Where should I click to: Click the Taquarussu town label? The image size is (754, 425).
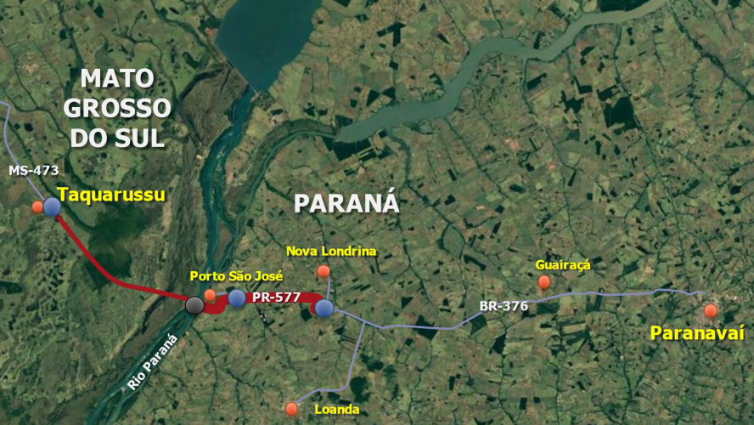(x=111, y=195)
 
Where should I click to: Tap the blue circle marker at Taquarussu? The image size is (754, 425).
(x=52, y=207)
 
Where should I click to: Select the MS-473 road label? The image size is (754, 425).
(x=34, y=171)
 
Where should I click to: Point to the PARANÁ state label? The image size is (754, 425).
(x=346, y=203)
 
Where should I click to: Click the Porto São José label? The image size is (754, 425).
(x=236, y=276)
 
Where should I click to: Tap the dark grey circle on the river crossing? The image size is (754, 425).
(x=194, y=305)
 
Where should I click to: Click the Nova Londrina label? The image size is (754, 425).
(x=331, y=251)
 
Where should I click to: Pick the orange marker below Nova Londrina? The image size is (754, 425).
(x=323, y=271)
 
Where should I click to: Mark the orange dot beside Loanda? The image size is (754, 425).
(x=292, y=409)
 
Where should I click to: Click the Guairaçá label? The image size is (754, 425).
(x=562, y=264)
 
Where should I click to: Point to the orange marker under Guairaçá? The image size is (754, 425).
(x=543, y=281)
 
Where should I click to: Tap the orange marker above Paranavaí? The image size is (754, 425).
(x=711, y=311)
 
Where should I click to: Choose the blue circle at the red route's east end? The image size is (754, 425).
(x=324, y=308)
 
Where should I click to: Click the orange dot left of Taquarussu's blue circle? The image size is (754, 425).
(x=37, y=207)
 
